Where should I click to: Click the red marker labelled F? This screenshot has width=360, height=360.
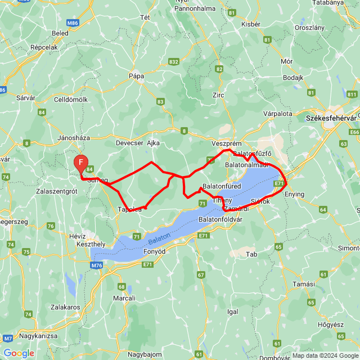pos(81,163)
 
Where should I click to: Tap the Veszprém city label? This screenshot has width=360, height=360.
pos(226,143)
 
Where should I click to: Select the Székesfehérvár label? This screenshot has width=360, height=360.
pos(331,119)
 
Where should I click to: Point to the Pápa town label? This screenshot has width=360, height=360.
pos(137,75)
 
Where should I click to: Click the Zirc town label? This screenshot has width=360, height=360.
pos(218,95)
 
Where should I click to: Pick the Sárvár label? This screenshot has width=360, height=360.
pos(26,97)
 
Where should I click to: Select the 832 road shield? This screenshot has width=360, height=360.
pos(173,61)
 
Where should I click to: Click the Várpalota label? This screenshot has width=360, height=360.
pos(278,113)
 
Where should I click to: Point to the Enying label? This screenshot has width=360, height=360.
pos(294,194)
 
